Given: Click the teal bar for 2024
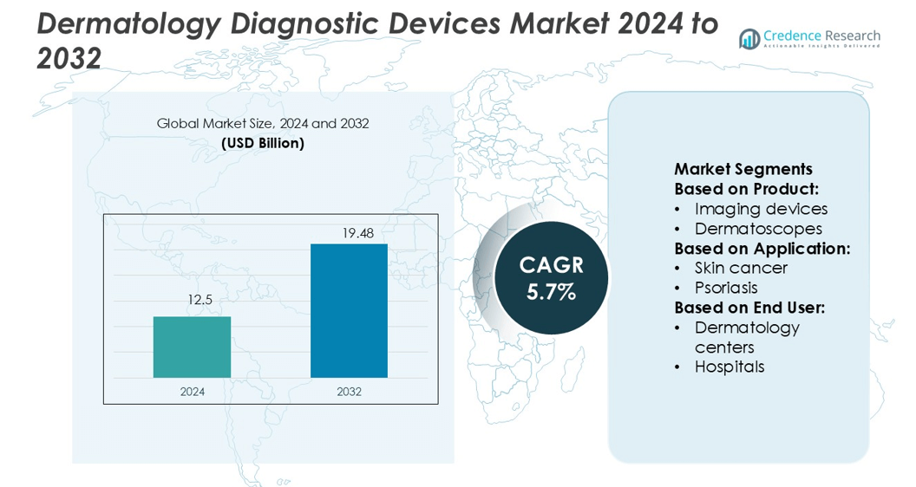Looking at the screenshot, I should pyautogui.click(x=192, y=347).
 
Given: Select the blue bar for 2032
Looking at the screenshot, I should pyautogui.click(x=349, y=310).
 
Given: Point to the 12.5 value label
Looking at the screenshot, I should pyautogui.click(x=200, y=300).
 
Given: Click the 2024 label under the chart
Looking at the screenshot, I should pyautogui.click(x=193, y=392).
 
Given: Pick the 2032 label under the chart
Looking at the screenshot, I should pyautogui.click(x=349, y=392).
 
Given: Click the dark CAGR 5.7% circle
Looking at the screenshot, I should pyautogui.click(x=552, y=277).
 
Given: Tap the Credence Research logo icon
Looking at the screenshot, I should pyautogui.click(x=749, y=39).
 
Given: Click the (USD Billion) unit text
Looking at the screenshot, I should pyautogui.click(x=263, y=143).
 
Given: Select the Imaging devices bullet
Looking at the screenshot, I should pyautogui.click(x=761, y=209).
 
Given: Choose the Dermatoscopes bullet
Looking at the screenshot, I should pyautogui.click(x=758, y=229).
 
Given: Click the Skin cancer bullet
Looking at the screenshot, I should pyautogui.click(x=741, y=268).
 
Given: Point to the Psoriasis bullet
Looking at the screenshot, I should pyautogui.click(x=726, y=288).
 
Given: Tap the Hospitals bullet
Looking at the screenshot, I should pyautogui.click(x=730, y=367).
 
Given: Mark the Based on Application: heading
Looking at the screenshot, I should pyautogui.click(x=762, y=249).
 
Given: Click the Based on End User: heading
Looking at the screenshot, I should pyautogui.click(x=749, y=308).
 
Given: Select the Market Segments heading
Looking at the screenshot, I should pyautogui.click(x=743, y=169).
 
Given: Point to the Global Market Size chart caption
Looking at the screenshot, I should pyautogui.click(x=263, y=124).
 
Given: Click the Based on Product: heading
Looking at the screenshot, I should pyautogui.click(x=747, y=189).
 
